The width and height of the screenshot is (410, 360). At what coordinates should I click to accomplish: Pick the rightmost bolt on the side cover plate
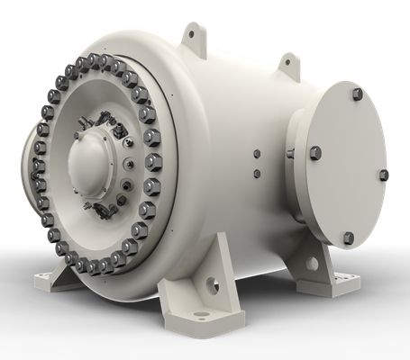[x=383, y=174]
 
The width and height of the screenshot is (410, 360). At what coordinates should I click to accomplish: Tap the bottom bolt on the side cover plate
[x=349, y=238]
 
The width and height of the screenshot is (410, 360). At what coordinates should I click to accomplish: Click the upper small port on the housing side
[x=256, y=153]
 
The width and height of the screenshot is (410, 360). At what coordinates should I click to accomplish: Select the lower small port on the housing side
[x=257, y=173]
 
